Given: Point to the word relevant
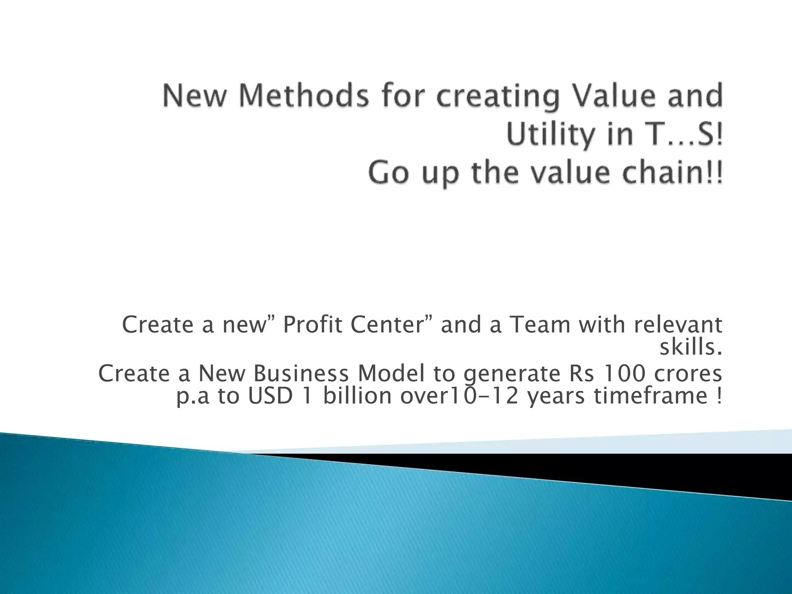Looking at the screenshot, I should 678,325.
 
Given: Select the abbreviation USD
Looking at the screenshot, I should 270,397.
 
